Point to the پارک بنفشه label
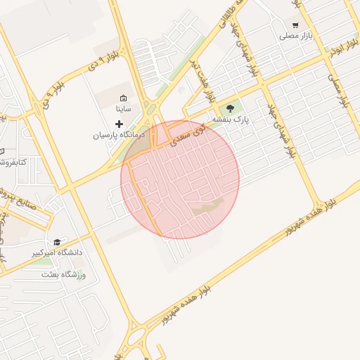pyautogui.click(x=232, y=120)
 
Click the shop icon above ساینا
pyautogui.click(x=123, y=98)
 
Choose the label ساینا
pyautogui.click(x=123, y=109)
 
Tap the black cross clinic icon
pyautogui.click(x=119, y=124)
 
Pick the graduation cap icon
pyautogui.click(x=56, y=241)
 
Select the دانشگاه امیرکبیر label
pyautogui.click(x=56, y=252)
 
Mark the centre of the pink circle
pyautogui.click(x=180, y=179)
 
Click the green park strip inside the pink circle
pyautogui.click(x=208, y=207)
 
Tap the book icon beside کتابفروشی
pyautogui.click(x=1, y=151)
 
